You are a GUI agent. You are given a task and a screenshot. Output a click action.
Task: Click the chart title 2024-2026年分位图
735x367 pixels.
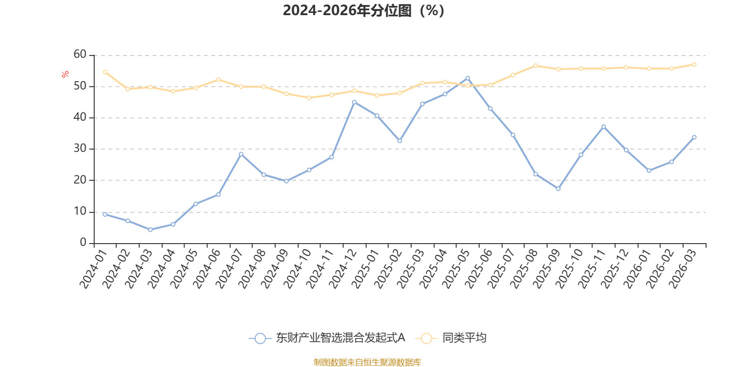point(363,11)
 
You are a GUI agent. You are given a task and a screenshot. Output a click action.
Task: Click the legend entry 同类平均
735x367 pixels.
point(464,338)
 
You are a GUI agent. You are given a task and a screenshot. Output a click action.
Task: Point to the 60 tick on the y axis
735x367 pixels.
point(80,54)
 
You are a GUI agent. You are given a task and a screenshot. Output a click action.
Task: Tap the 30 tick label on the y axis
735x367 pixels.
point(80,148)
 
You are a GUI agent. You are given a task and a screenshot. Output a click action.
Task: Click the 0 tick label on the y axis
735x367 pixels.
point(83,242)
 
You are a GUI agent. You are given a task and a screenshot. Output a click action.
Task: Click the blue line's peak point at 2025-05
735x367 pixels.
point(468,78)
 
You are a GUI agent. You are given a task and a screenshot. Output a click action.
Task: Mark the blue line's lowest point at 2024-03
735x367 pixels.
point(150,229)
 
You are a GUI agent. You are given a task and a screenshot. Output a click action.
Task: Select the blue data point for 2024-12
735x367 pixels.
point(354,102)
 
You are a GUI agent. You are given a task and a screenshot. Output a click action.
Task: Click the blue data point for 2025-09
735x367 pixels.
point(558,189)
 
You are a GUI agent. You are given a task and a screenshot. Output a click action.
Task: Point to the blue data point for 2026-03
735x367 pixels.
point(694,137)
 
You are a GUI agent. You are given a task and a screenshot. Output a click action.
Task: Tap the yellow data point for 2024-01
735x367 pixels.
point(105,72)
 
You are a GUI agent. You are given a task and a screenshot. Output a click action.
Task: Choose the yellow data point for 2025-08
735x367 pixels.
point(536,66)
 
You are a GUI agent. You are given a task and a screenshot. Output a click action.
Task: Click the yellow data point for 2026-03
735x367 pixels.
point(694,65)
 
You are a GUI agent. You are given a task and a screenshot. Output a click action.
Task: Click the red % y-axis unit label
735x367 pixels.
point(65,74)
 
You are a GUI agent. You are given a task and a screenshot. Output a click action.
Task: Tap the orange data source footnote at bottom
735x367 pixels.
point(367,362)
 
